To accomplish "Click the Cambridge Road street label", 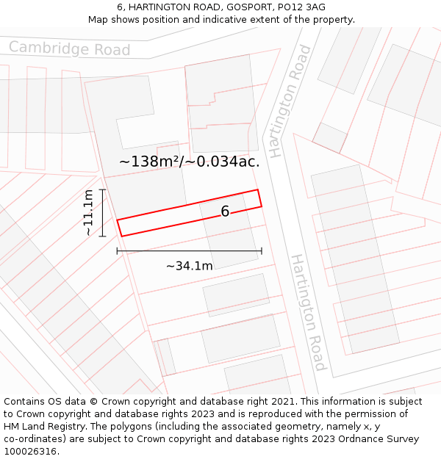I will (x=70, y=49).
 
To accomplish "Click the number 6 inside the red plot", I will (x=225, y=212).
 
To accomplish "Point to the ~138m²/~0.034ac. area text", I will (x=189, y=162).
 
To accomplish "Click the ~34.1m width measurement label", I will (x=189, y=266).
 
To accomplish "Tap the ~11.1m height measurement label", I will (x=87, y=212).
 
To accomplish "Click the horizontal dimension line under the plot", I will (x=189, y=251).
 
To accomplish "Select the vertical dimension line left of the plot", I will (x=102, y=212).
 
